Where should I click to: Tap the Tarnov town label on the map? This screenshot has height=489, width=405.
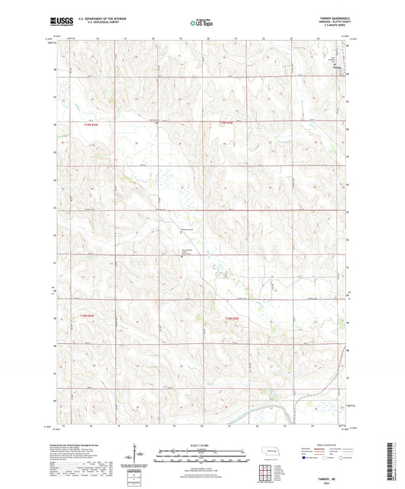click(339, 69)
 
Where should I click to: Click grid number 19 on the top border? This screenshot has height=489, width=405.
click(181, 38)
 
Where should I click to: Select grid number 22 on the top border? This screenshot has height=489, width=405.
click(263, 38)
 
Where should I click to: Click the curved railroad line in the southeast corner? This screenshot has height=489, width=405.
click(288, 410)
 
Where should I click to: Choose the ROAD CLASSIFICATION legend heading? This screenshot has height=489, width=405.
click(324, 445)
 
